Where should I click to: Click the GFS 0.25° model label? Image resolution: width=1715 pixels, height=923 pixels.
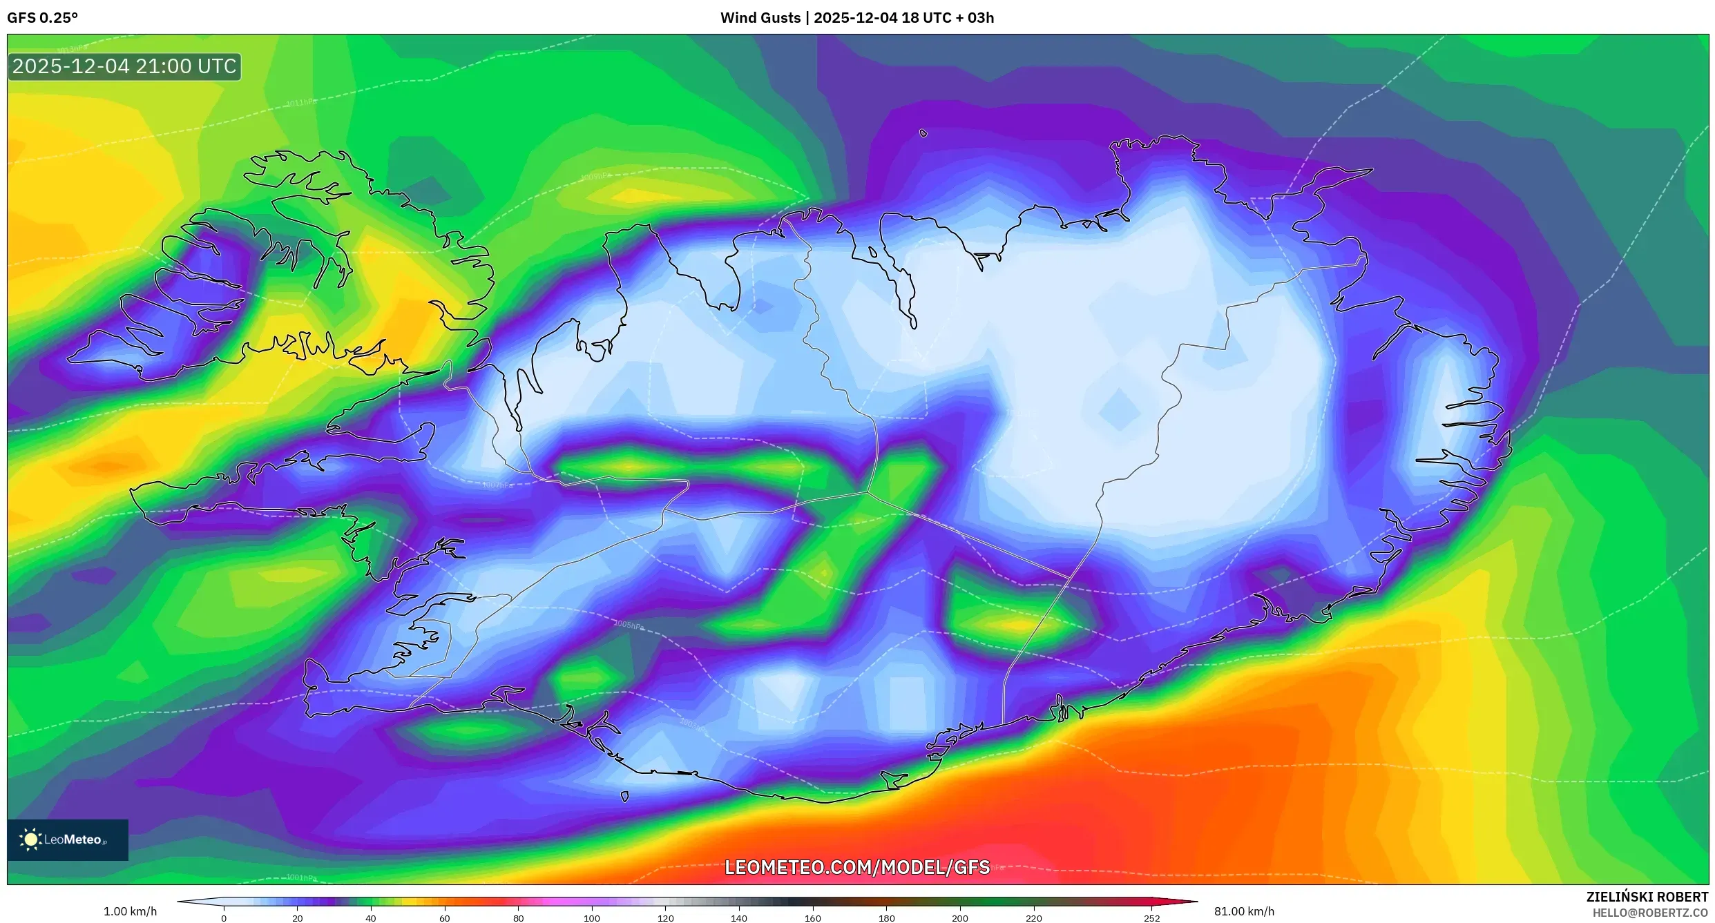pos(42,18)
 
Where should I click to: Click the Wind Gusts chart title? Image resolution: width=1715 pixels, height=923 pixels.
pos(856,18)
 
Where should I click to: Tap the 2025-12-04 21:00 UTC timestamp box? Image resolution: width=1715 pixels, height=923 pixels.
pos(124,67)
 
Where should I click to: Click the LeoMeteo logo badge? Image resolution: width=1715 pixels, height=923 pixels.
pos(68,839)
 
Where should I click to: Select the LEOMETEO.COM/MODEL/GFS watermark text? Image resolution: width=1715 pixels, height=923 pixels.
pos(856,867)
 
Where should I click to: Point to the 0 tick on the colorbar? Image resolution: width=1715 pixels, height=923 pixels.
pos(224,917)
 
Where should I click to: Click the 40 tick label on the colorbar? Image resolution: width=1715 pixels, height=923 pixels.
pos(371,917)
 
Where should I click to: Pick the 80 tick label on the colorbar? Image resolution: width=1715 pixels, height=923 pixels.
pos(518,917)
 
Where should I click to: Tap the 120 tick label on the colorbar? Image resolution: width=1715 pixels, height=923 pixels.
pos(665,917)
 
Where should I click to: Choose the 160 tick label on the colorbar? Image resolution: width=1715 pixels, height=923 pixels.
pos(812,917)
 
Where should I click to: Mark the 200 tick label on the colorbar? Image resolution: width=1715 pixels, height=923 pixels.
pos(959,917)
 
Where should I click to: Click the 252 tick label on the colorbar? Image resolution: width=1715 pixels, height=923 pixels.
pos(1151,917)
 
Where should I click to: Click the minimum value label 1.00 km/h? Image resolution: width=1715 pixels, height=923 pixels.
pos(130,911)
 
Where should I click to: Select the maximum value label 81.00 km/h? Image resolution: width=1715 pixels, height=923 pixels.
pos(1244,911)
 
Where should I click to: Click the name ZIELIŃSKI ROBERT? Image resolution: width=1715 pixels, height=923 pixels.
pos(1647,897)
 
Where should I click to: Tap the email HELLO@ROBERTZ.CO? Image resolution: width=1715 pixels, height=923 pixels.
pos(1649,913)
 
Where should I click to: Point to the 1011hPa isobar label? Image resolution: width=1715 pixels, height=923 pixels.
pos(301,103)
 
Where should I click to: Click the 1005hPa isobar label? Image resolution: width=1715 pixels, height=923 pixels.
pos(629,625)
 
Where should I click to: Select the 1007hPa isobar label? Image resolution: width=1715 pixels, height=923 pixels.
pos(497,485)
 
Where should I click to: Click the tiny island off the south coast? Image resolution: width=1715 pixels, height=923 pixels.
pos(625,797)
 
